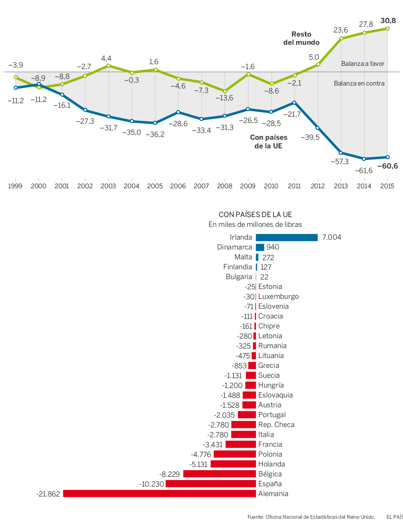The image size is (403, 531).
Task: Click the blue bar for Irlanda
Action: [287, 238]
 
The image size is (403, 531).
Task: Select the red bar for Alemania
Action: [160, 494]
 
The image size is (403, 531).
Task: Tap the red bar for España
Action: [211, 484]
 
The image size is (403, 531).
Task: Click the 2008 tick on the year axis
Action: [225, 186]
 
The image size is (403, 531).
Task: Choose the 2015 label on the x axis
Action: [387, 186]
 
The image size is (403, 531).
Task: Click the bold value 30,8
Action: [388, 21]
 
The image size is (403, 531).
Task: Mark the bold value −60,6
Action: [387, 166]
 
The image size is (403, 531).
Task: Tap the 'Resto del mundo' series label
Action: [301, 38]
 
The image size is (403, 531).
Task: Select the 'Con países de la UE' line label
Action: [269, 142]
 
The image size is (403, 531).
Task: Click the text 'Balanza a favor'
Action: [363, 64]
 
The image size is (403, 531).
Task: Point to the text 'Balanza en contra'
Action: [359, 83]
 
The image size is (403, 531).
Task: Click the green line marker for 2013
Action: [341, 39]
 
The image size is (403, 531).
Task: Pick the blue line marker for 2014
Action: [364, 159]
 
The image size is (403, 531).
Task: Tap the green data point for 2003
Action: [109, 65]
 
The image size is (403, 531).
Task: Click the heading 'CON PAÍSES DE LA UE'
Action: [255, 215]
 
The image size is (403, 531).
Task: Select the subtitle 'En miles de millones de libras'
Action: [255, 224]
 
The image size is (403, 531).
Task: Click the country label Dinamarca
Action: [234, 247]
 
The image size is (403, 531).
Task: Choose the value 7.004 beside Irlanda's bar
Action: [331, 237]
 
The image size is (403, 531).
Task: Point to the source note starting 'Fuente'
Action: [311, 517]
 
